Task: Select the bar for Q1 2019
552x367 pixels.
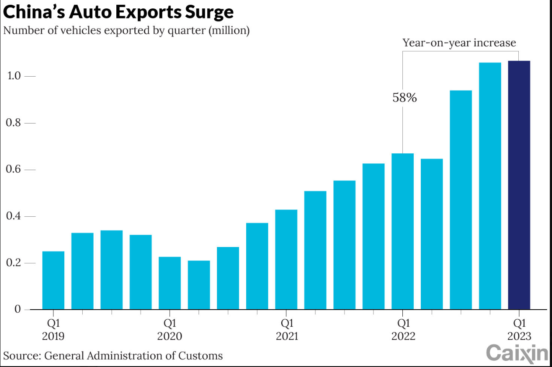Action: coord(53,280)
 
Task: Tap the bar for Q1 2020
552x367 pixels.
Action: coord(170,283)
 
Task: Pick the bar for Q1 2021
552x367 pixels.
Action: coord(286,260)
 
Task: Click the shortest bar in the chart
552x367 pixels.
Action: coord(199,285)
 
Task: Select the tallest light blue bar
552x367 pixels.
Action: coord(490,186)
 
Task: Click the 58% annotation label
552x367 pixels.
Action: coord(404,98)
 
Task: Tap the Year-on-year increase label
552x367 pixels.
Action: coord(459,43)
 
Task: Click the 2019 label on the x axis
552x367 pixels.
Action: coord(53,336)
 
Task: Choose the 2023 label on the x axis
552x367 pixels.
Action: coord(519,336)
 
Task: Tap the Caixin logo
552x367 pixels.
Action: coord(517,353)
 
